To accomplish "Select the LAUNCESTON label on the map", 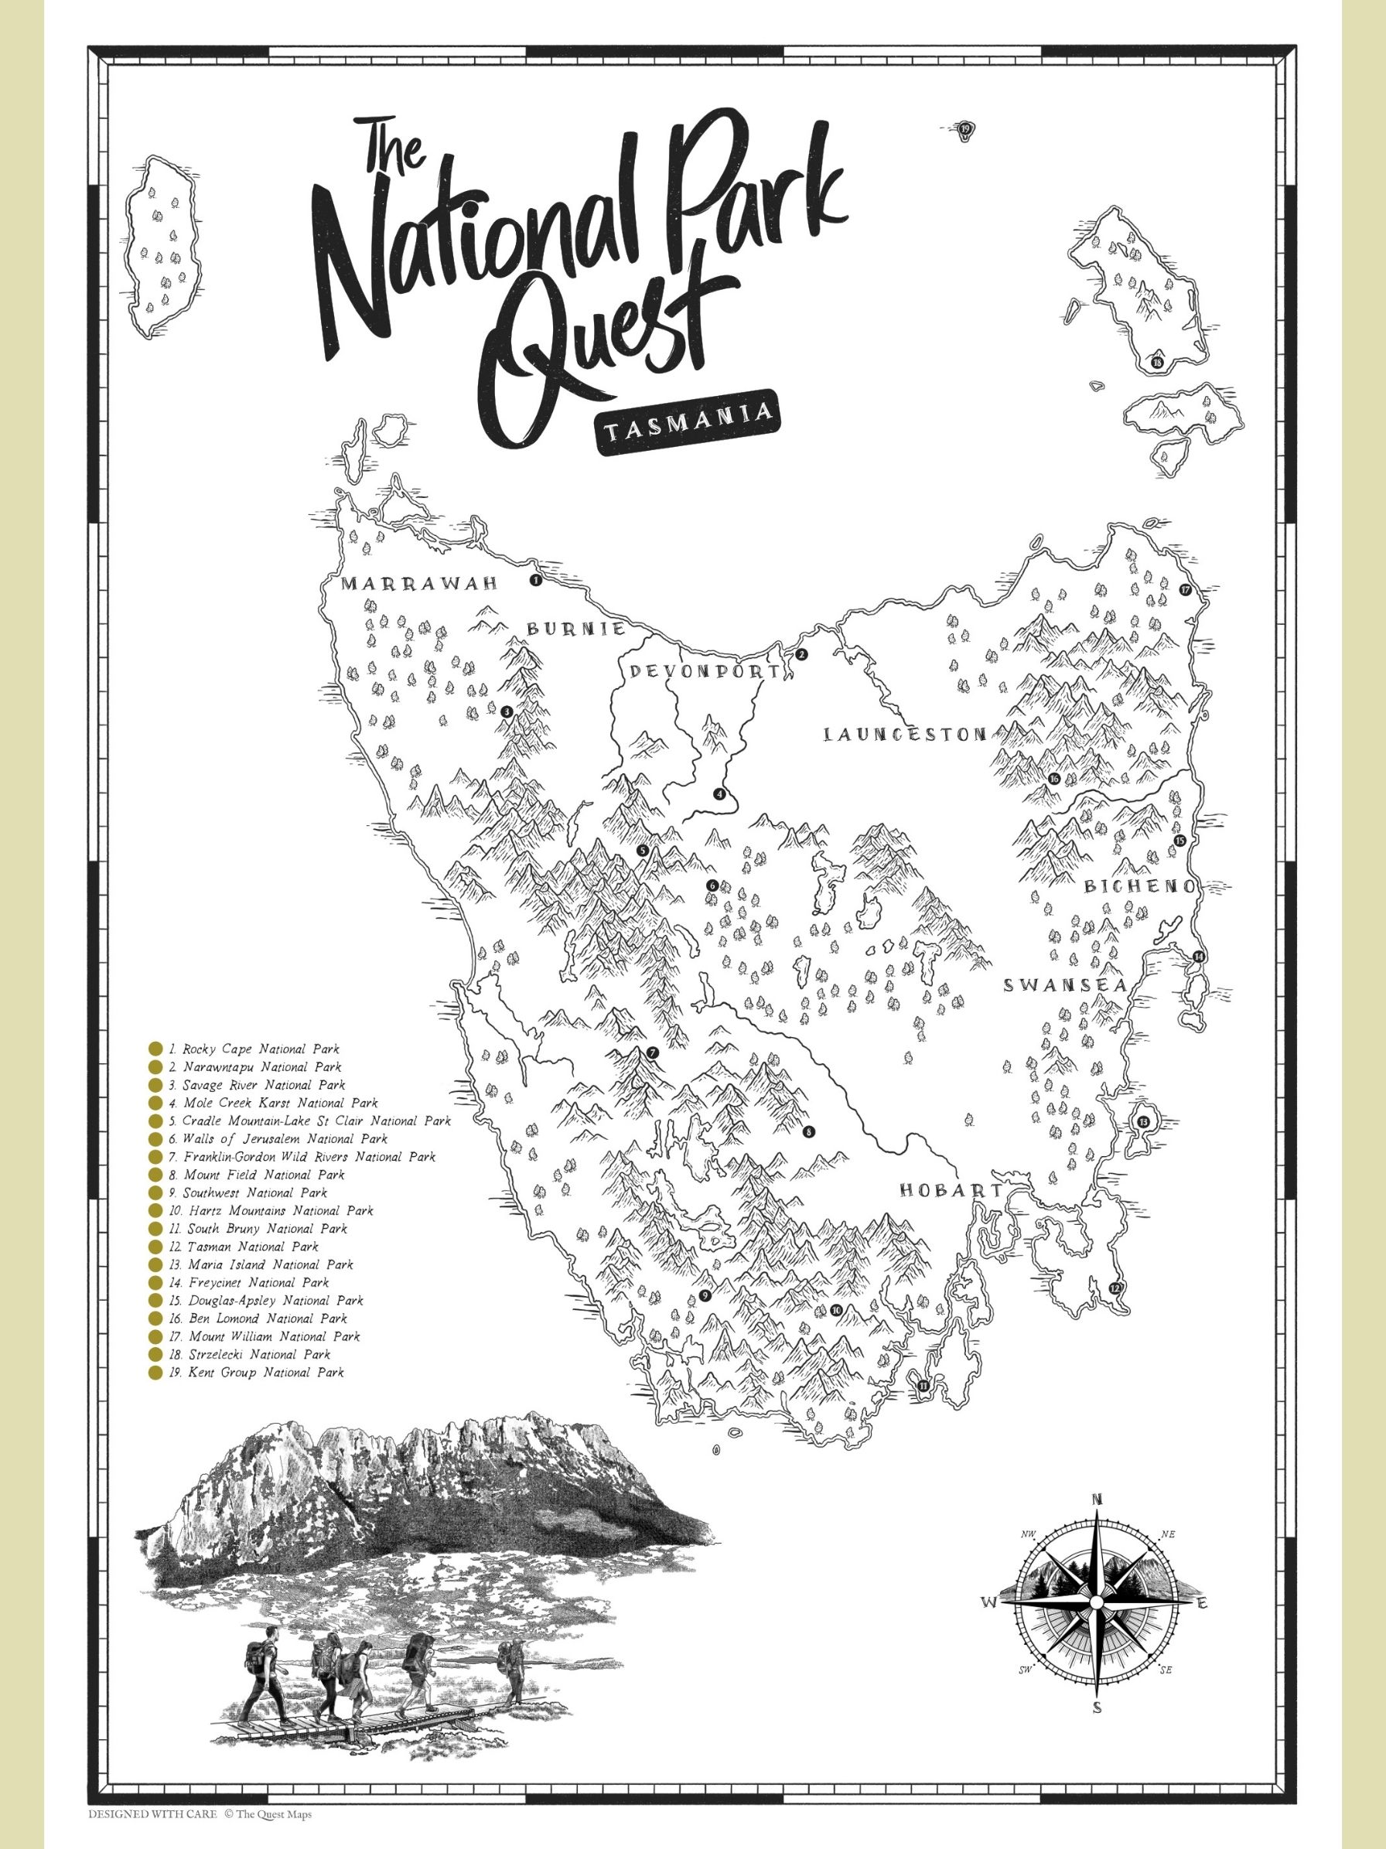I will point(904,735).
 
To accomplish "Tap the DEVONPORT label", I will point(705,671).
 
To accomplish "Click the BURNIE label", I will point(575,629).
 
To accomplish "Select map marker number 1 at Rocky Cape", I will point(536,579).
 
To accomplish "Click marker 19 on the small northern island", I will point(965,128).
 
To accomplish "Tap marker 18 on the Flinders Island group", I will point(1156,363).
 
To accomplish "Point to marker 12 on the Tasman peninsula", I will point(1114,1288).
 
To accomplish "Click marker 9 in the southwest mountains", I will point(705,1297).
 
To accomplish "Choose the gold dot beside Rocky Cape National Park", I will point(155,1049).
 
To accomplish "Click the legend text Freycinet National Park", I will point(256,1282).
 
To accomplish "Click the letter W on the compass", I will point(988,1602).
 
